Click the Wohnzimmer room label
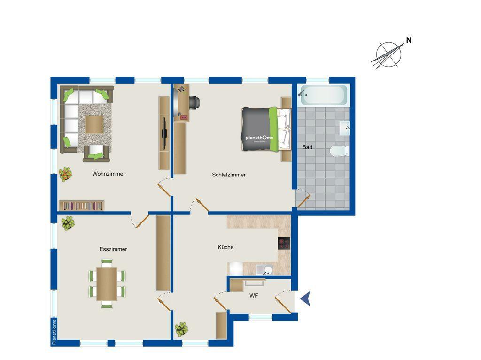click(x=109, y=174)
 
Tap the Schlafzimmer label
click(x=229, y=175)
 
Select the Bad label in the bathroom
click(x=307, y=147)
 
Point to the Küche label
click(x=225, y=247)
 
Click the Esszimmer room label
click(x=113, y=249)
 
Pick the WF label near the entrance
click(x=254, y=296)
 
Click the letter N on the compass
click(x=409, y=40)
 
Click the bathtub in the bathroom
click(x=323, y=95)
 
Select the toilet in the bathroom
click(x=339, y=151)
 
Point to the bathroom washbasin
click(x=344, y=128)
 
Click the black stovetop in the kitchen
click(x=284, y=244)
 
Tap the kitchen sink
click(x=264, y=270)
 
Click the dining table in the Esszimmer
click(x=107, y=283)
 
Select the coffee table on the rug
click(x=94, y=124)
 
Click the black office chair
click(x=194, y=103)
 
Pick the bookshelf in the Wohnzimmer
click(x=82, y=206)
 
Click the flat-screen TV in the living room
click(x=164, y=133)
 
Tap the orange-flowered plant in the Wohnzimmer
click(x=65, y=174)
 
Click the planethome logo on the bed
click(x=259, y=138)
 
